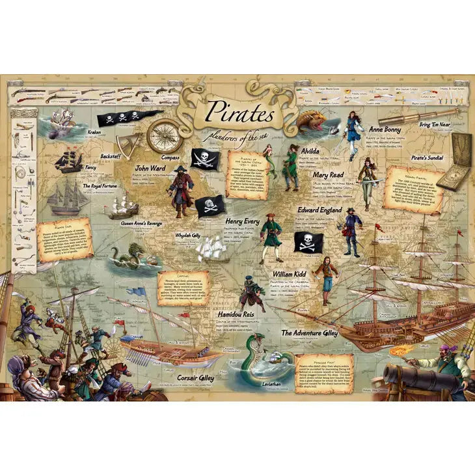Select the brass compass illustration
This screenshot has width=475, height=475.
(x=163, y=135)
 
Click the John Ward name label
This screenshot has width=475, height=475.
(x=149, y=169)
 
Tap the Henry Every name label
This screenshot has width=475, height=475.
(x=243, y=221)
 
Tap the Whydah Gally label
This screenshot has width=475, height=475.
(x=189, y=235)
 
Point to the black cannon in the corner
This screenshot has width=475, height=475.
(x=407, y=377)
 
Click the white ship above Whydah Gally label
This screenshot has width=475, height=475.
(x=211, y=248)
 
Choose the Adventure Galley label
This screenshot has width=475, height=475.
(x=309, y=332)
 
